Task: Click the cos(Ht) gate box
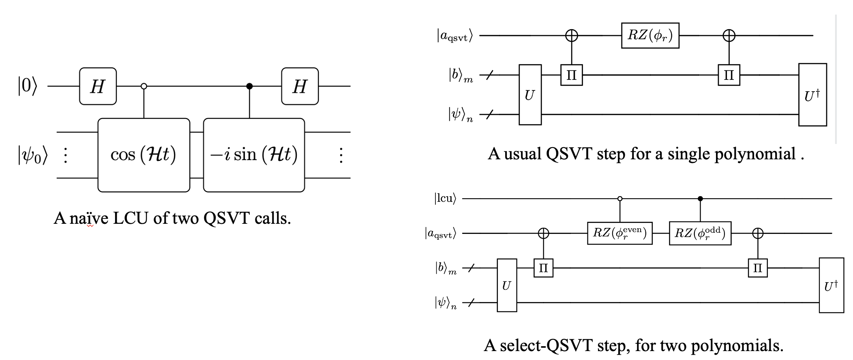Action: tap(144, 154)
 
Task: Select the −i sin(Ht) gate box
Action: tap(254, 154)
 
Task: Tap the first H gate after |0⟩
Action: tap(98, 86)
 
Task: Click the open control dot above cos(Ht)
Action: tap(144, 86)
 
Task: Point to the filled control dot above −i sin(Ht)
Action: tap(249, 86)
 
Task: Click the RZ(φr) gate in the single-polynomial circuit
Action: tap(650, 36)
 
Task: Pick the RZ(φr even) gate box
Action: tap(619, 233)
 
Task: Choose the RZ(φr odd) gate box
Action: tap(700, 233)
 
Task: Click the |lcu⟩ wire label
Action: tap(445, 199)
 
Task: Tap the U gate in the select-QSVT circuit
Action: tap(507, 285)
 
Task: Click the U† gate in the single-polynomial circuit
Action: tap(812, 95)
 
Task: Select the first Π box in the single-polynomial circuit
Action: tap(572, 75)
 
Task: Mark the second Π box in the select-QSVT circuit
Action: tap(757, 268)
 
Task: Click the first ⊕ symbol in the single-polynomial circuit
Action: tap(572, 36)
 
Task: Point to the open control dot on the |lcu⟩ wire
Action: tap(619, 199)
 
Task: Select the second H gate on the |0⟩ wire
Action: tap(300, 86)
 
